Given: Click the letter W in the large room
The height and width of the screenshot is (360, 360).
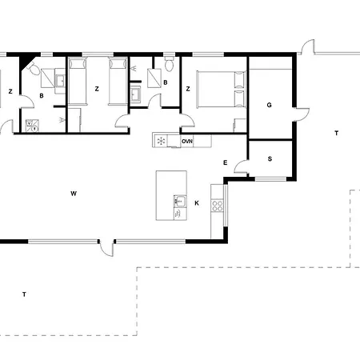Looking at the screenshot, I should (73, 193).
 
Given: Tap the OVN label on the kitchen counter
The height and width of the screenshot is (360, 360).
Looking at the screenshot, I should (187, 141).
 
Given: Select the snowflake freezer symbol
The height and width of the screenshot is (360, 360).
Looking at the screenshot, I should (162, 141).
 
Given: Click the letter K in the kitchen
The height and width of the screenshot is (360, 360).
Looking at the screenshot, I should (196, 203).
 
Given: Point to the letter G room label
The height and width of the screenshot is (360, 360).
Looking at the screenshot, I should (270, 105).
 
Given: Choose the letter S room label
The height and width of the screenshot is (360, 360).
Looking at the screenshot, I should (270, 158).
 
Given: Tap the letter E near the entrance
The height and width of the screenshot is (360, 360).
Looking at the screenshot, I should (226, 163).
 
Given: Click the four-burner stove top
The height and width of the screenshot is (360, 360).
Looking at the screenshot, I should (216, 205).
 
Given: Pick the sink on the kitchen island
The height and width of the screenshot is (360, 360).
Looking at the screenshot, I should (180, 202).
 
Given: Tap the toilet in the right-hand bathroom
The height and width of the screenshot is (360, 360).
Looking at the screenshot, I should (168, 63).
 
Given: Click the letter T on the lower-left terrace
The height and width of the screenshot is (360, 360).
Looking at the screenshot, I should (25, 295).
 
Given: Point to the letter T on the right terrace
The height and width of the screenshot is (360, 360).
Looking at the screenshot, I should (336, 133).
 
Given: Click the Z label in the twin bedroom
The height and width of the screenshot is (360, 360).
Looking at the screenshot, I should (96, 89).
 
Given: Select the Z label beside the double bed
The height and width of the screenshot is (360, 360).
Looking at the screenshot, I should (187, 89).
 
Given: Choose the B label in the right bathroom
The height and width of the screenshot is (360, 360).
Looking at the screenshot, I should (166, 82).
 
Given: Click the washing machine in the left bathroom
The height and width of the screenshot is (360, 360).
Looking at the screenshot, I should (33, 124).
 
